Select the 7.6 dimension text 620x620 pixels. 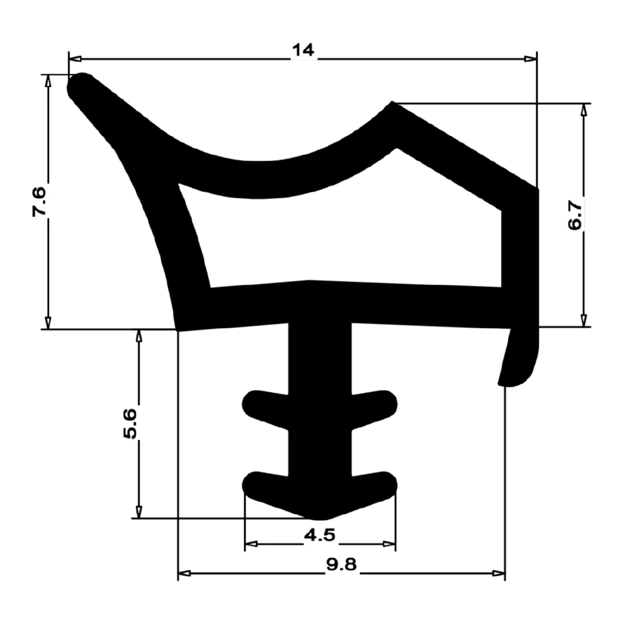coord(38,201)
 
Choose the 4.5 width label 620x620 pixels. coord(321,534)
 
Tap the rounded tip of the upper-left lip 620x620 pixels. coord(81,86)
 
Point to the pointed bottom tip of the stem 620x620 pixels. coord(319,516)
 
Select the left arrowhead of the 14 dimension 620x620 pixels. coord(75,59)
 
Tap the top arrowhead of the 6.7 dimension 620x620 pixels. coord(583,110)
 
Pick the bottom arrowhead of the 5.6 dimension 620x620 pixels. coord(139,511)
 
